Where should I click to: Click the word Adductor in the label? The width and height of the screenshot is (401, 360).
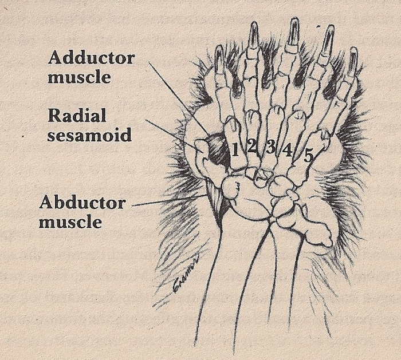(91, 58)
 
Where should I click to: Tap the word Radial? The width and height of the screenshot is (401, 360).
(77, 116)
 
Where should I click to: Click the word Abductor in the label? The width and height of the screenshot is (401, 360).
(82, 203)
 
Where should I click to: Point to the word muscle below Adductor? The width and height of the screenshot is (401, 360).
(79, 77)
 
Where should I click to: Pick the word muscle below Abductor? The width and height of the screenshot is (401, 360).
(70, 221)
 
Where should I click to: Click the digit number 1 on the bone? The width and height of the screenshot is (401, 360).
(235, 149)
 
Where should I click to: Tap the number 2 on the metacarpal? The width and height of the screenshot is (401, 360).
(252, 147)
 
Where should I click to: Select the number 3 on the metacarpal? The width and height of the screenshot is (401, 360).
(270, 147)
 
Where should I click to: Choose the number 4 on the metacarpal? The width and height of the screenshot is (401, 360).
(288, 150)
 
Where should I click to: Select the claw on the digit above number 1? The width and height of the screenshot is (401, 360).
(219, 60)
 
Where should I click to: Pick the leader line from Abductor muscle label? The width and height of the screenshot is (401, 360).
(169, 200)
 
